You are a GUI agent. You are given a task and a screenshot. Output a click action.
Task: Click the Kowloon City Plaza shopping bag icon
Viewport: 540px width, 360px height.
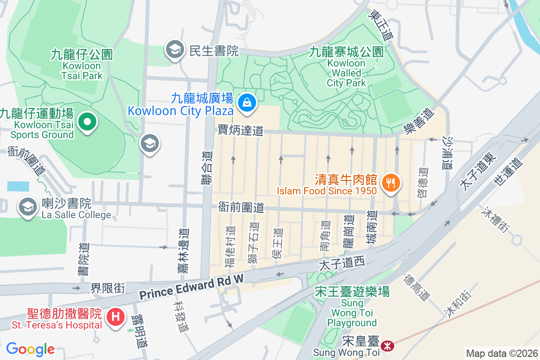(247, 103)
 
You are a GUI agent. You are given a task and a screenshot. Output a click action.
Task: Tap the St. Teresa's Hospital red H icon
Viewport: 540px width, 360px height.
(115, 316)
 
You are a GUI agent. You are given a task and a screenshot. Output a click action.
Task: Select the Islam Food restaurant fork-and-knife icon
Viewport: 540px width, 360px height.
(390, 183)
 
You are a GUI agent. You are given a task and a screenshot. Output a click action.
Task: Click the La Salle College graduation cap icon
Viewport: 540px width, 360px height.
(27, 207)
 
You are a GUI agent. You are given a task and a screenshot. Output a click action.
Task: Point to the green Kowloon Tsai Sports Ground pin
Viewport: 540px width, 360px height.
(87, 121)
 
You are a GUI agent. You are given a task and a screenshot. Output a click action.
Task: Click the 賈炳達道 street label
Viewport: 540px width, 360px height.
(241, 131)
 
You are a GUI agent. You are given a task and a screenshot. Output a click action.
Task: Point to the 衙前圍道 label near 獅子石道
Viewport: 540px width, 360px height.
(241, 207)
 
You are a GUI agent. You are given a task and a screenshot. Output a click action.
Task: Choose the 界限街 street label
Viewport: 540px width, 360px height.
(108, 288)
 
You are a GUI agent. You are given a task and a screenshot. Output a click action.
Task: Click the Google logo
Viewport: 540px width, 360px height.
(30, 349)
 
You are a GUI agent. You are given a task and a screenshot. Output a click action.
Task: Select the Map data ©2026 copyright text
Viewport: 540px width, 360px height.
(501, 354)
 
